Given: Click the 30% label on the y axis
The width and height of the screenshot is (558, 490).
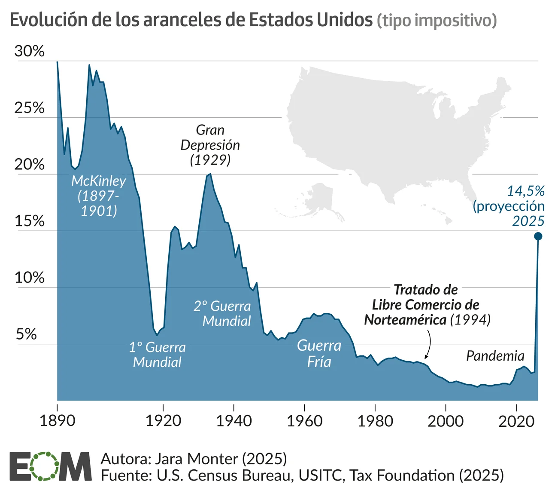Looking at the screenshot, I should point(29,51).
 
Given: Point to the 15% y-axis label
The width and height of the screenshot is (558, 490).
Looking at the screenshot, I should point(29,221).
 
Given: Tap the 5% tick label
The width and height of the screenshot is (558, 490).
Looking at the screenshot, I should point(26,334).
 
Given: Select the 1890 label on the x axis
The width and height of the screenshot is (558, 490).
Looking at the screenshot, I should point(57,420).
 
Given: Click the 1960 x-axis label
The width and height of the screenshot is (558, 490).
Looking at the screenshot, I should point(304,420).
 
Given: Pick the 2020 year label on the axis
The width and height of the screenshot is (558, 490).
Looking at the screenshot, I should point(516,420).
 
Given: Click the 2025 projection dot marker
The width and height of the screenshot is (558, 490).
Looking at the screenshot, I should point(538,236).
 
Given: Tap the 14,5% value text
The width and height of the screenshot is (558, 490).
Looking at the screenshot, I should point(526,191).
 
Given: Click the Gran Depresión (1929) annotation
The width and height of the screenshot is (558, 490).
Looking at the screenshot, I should point(210,145).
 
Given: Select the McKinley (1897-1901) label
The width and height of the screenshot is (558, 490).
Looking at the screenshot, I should point(99,196).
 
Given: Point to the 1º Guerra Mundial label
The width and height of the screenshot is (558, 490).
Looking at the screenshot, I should point(157,355).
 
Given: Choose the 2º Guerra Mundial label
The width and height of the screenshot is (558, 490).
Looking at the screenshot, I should point(222,313).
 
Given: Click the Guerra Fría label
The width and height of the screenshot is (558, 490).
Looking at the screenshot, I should point(319,353).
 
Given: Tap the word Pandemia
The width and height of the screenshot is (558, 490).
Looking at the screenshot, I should point(495,356).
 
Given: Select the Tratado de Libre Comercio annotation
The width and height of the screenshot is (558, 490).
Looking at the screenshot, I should point(426,305).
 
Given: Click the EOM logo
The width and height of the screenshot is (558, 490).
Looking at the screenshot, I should point(50,466).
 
